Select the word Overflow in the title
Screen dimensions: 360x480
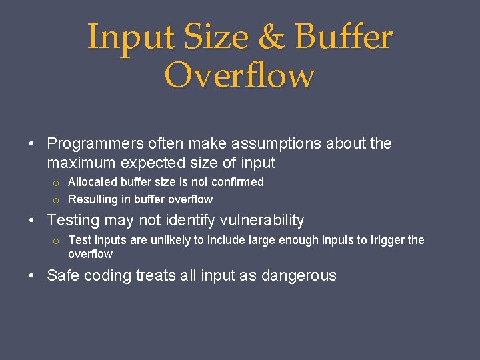[239, 75]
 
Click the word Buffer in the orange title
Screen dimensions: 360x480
[344, 37]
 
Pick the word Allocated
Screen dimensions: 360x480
[93, 182]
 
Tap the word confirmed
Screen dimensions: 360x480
[237, 182]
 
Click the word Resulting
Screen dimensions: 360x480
[92, 199]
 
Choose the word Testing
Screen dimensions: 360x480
[73, 220]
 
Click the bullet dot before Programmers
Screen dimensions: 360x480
[32, 144]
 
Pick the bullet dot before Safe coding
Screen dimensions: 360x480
[32, 276]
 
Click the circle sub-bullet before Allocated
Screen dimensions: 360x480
[57, 183]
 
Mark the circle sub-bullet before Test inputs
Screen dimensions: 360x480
[57, 241]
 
